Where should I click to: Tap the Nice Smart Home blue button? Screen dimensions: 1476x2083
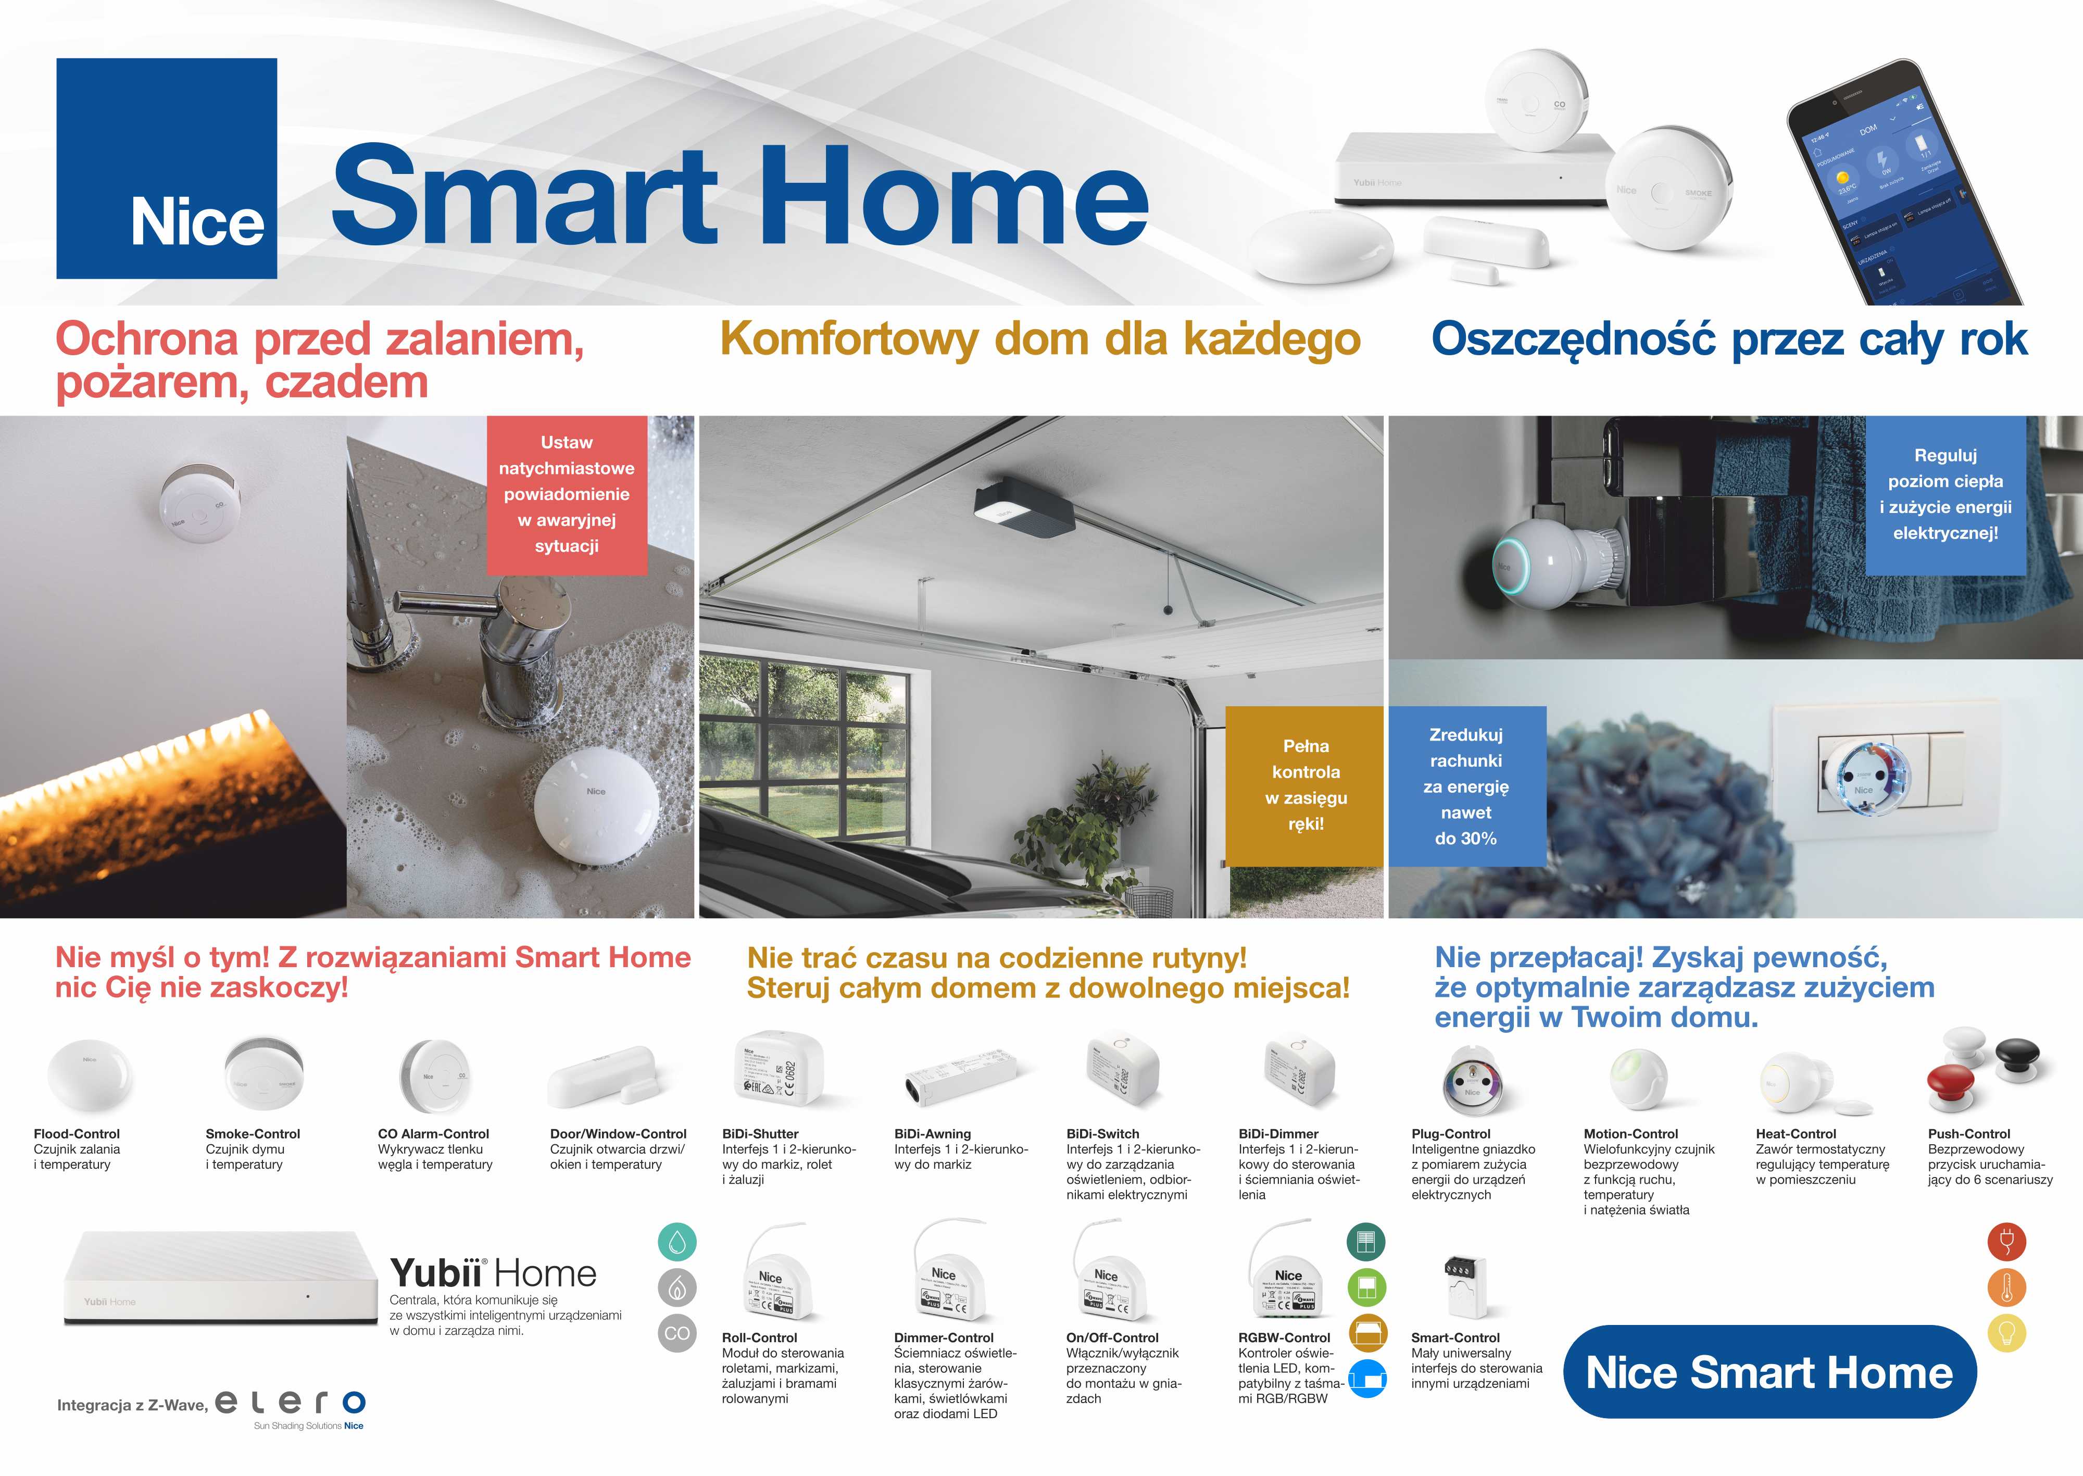1768,1371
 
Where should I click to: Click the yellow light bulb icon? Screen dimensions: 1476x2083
2006,1333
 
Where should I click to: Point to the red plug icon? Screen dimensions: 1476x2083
2006,1242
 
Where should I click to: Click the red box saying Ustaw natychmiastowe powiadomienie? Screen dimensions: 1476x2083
566,494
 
